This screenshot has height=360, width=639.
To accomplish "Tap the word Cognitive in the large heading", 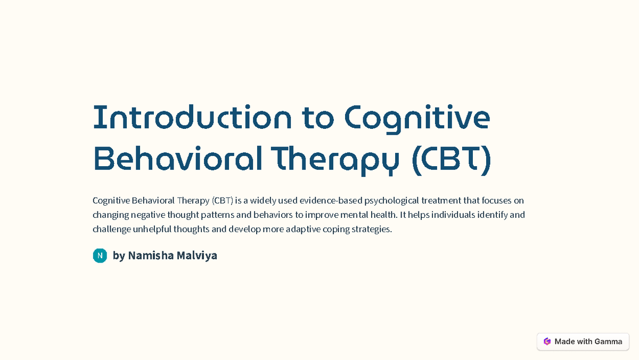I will pyautogui.click(x=417, y=118).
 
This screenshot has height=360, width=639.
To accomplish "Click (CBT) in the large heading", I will pyautogui.click(x=450, y=159).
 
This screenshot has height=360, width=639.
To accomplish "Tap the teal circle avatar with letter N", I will pyautogui.click(x=100, y=256).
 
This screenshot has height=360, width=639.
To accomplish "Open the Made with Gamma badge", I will pyautogui.click(x=583, y=341).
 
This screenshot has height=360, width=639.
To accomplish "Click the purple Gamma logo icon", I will pyautogui.click(x=547, y=341).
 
